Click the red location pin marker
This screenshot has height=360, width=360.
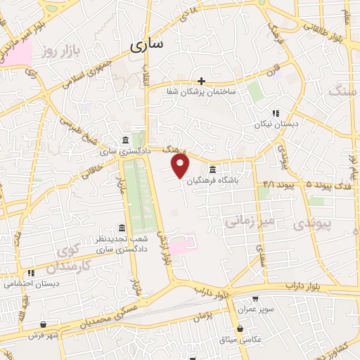click(181, 166)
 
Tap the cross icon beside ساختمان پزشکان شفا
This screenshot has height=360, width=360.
click(202, 81)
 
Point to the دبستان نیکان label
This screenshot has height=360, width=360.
click(276, 123)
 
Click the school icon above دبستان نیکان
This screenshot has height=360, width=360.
click(276, 112)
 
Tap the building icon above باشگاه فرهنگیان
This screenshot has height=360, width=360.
click(213, 169)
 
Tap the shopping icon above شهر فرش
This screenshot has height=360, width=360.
click(44, 323)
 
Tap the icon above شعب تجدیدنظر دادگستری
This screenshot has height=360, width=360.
click(122, 229)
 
